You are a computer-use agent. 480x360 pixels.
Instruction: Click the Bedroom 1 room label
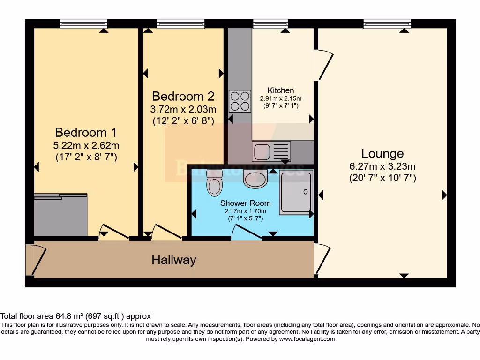[86, 132]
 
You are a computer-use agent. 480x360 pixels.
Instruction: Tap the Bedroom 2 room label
[183, 96]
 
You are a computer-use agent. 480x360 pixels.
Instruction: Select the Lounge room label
[382, 153]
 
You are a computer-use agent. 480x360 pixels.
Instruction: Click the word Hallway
[173, 260]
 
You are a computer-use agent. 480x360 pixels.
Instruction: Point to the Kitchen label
[281, 90]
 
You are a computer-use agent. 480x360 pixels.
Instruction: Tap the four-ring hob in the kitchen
[240, 101]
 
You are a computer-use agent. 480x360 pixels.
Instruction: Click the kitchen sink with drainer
[271, 151]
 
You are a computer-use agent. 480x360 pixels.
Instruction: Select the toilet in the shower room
[214, 183]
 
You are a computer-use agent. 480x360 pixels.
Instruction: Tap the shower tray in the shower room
[295, 193]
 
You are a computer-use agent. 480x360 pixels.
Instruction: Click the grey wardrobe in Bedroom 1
[60, 215]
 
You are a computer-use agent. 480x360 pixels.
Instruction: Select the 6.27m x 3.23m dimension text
[382, 166]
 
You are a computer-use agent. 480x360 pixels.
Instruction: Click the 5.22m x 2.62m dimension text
[86, 145]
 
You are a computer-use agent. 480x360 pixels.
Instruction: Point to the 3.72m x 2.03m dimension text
[183, 110]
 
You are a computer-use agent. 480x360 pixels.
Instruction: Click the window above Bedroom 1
[83, 23]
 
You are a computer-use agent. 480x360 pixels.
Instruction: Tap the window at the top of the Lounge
[387, 23]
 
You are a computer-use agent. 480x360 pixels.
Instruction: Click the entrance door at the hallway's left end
[37, 259]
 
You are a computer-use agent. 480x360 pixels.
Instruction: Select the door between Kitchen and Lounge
[325, 66]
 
